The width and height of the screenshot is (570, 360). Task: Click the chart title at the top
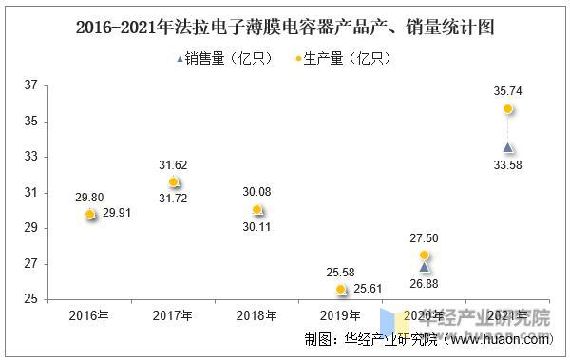pos(285,27)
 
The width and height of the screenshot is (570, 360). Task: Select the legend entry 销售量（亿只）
pos(225,59)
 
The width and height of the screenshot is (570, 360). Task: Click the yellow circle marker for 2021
pos(508,109)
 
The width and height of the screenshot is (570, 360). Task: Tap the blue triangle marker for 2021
pos(508,147)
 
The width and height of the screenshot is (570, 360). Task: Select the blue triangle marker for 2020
pos(425,267)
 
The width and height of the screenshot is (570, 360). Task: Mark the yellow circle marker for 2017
pos(173,181)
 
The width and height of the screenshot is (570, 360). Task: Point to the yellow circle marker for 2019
pos(341,290)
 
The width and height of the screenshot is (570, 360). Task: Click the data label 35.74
pos(508,91)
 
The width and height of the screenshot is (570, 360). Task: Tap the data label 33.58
pos(508,166)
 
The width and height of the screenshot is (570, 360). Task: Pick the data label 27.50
pos(425,237)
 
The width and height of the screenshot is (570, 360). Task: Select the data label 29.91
pos(118,215)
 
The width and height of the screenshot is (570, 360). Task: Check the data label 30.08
pos(256,191)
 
